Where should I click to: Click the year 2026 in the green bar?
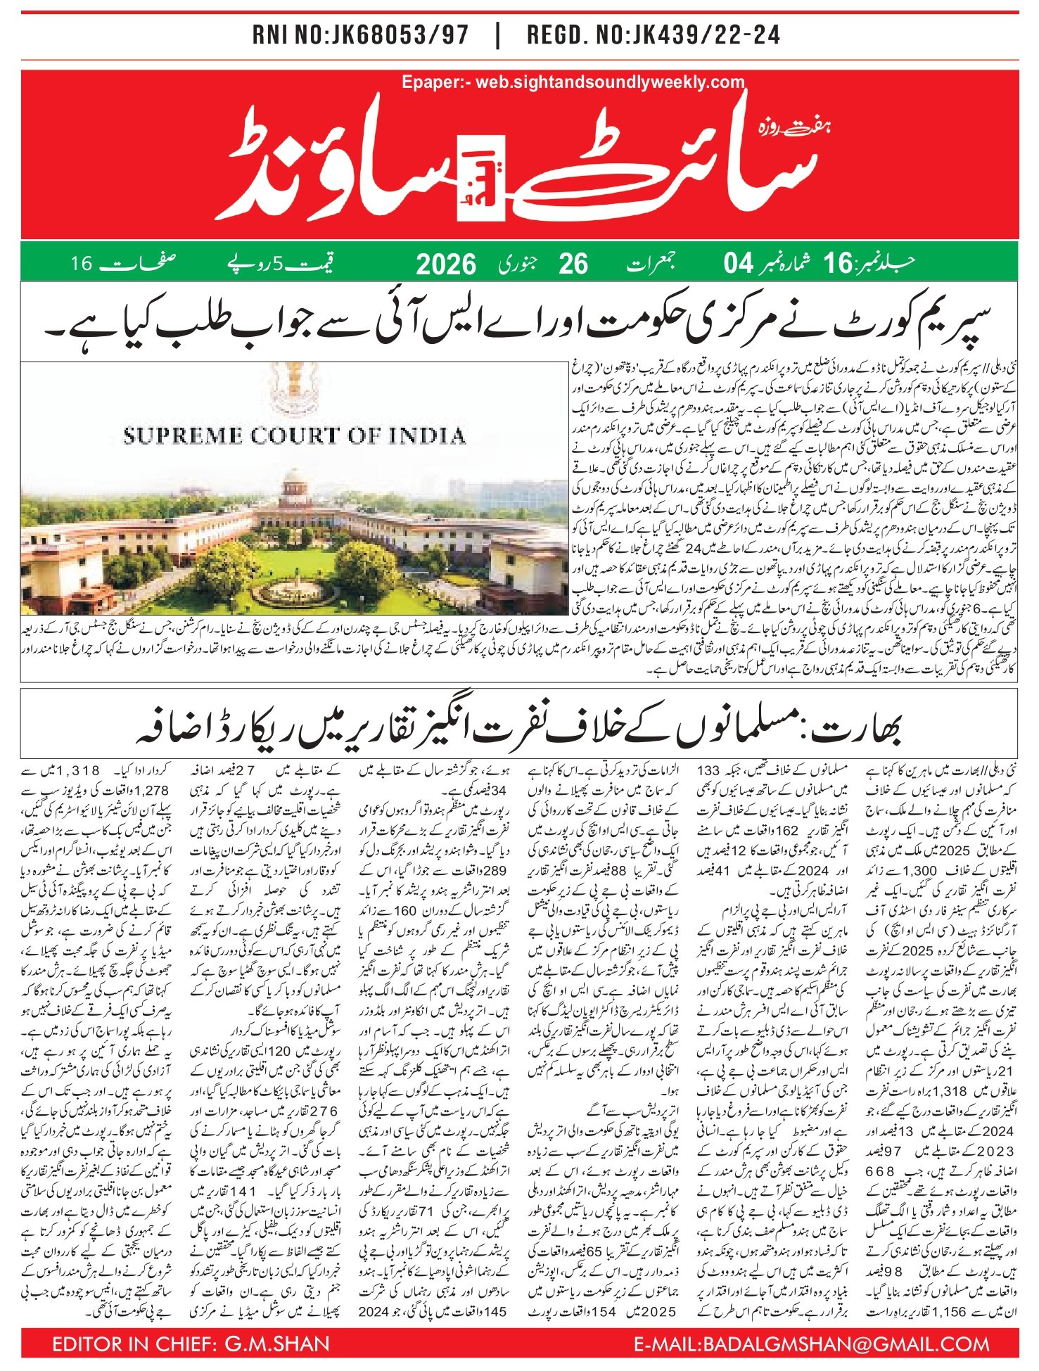(x=446, y=264)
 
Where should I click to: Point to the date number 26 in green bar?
(x=573, y=264)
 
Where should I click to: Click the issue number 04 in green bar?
(x=739, y=264)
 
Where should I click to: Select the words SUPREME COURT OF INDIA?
(x=294, y=435)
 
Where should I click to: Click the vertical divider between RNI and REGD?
(x=498, y=36)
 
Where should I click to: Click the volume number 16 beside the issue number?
(x=838, y=264)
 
